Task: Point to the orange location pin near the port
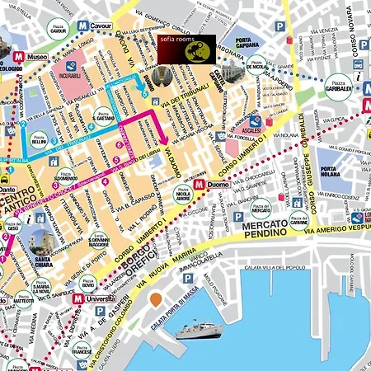tap(155, 300)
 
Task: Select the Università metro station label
tap(98, 299)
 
